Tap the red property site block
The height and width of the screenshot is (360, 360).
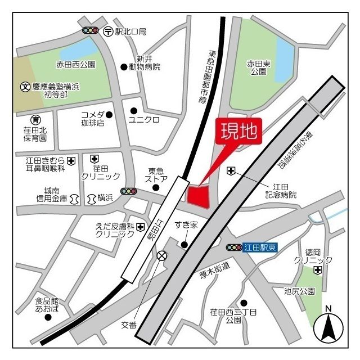(198, 195)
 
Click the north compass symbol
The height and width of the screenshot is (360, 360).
(329, 326)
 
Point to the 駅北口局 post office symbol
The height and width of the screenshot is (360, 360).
(108, 31)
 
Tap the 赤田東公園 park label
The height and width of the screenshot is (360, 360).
(259, 68)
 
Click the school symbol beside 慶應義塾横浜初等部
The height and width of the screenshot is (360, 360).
(25, 87)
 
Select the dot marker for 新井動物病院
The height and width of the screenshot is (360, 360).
(124, 67)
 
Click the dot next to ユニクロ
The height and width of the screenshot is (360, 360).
(133, 110)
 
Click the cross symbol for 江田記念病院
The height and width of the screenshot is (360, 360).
(230, 170)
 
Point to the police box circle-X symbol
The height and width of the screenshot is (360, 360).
(162, 256)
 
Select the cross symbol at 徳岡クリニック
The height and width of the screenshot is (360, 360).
(318, 271)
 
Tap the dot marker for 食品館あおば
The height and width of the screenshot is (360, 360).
(48, 317)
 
